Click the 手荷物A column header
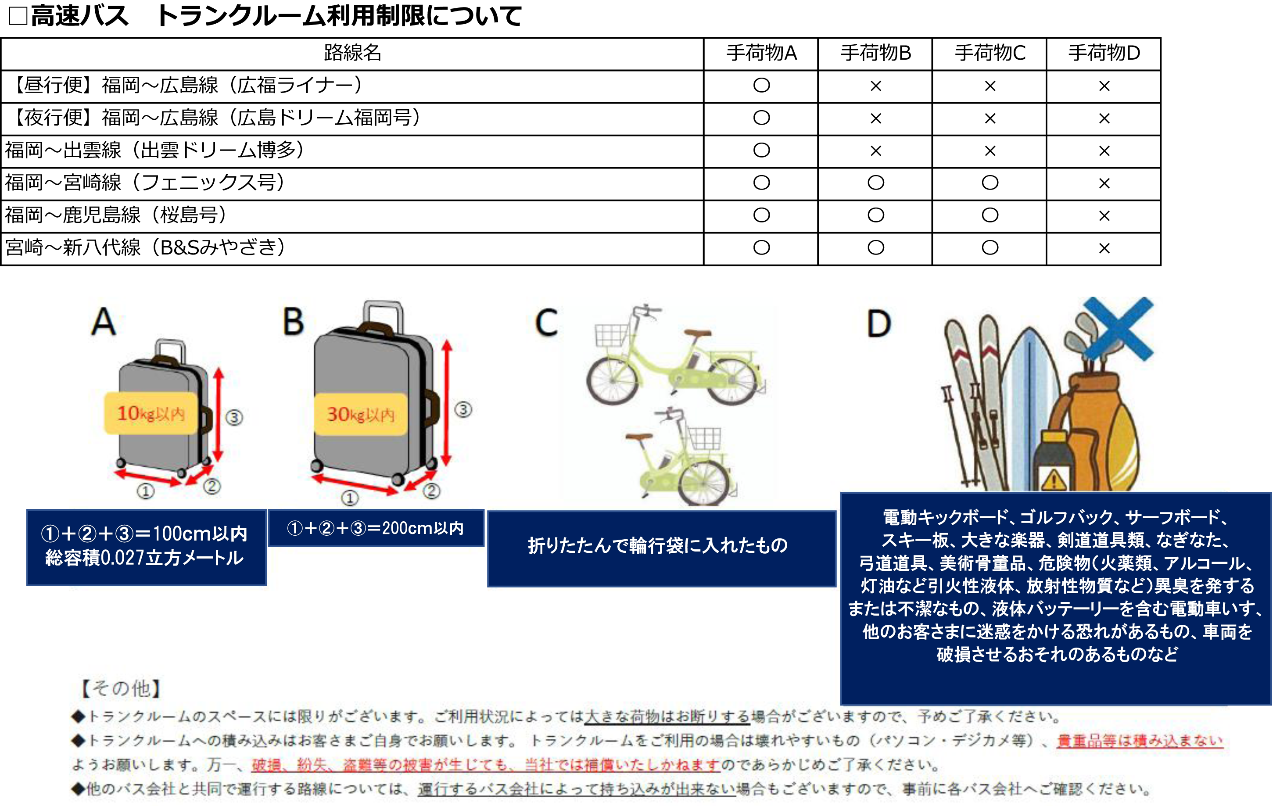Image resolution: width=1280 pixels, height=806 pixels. (761, 53)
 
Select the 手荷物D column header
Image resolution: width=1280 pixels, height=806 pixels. (1104, 53)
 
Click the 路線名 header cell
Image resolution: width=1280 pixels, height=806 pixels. (352, 53)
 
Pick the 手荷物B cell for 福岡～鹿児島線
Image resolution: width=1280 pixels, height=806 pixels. (875, 215)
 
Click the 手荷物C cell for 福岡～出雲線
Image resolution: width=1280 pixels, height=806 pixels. (990, 151)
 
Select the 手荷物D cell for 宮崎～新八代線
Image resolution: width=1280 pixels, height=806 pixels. (1104, 248)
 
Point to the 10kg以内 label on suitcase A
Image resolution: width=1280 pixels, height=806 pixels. (151, 413)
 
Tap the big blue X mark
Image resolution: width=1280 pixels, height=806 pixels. (1118, 329)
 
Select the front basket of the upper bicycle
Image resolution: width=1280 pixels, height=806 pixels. (612, 335)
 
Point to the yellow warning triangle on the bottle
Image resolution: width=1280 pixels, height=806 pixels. (1054, 480)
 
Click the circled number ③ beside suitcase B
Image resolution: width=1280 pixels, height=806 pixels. (463, 409)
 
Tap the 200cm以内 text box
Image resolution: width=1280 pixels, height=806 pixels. (376, 528)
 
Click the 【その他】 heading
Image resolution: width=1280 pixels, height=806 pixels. (120, 688)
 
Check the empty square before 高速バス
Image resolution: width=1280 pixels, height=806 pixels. (18, 15)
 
